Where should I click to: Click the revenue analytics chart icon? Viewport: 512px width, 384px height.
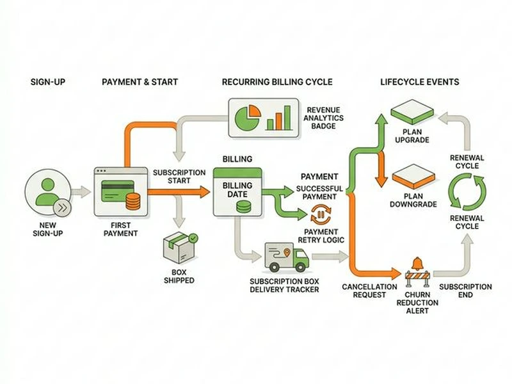(x=263, y=117)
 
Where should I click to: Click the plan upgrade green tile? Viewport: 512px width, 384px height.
(x=412, y=113)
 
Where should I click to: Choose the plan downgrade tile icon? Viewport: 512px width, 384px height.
(x=412, y=175)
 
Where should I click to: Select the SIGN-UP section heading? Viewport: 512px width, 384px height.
(x=48, y=83)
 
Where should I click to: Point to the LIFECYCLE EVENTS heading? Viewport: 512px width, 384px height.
(x=419, y=83)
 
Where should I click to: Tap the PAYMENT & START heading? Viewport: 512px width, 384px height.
(x=140, y=83)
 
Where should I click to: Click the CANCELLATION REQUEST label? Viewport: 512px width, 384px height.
(x=364, y=291)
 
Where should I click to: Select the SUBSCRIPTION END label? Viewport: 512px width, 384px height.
(x=466, y=291)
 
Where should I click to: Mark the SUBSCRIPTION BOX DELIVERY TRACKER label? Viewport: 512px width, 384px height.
(x=285, y=285)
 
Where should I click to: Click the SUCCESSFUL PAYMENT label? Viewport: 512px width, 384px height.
(x=319, y=193)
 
